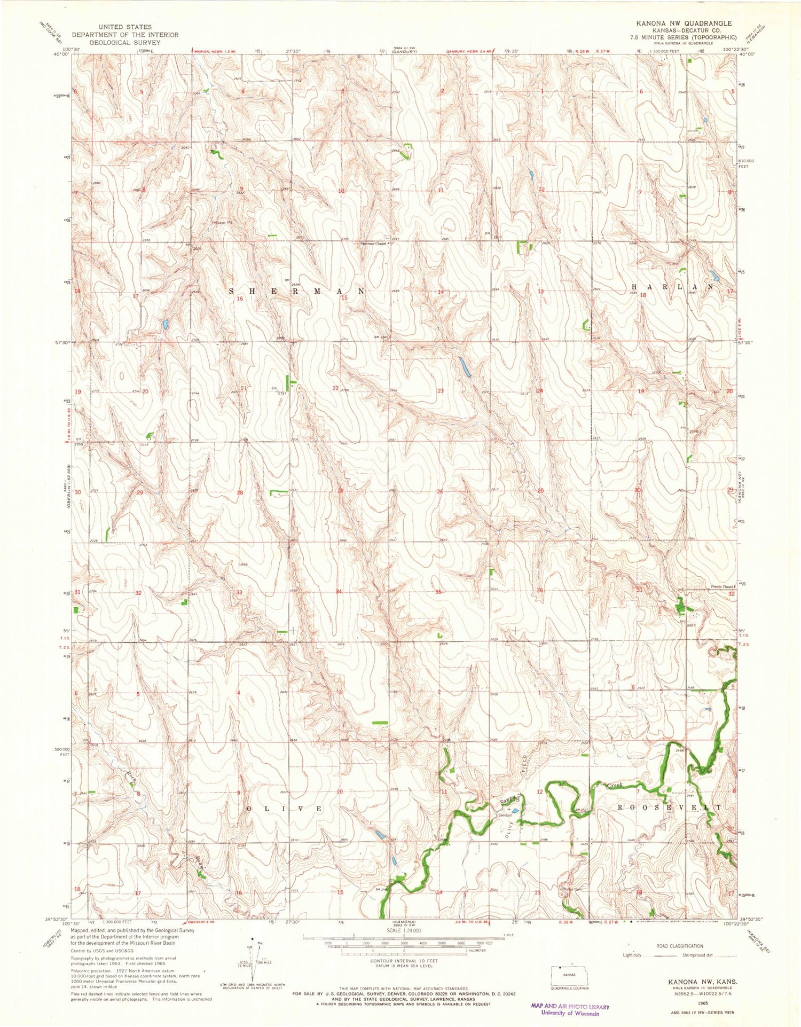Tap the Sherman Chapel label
[x=372, y=243]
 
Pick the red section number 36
[x=540, y=590]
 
